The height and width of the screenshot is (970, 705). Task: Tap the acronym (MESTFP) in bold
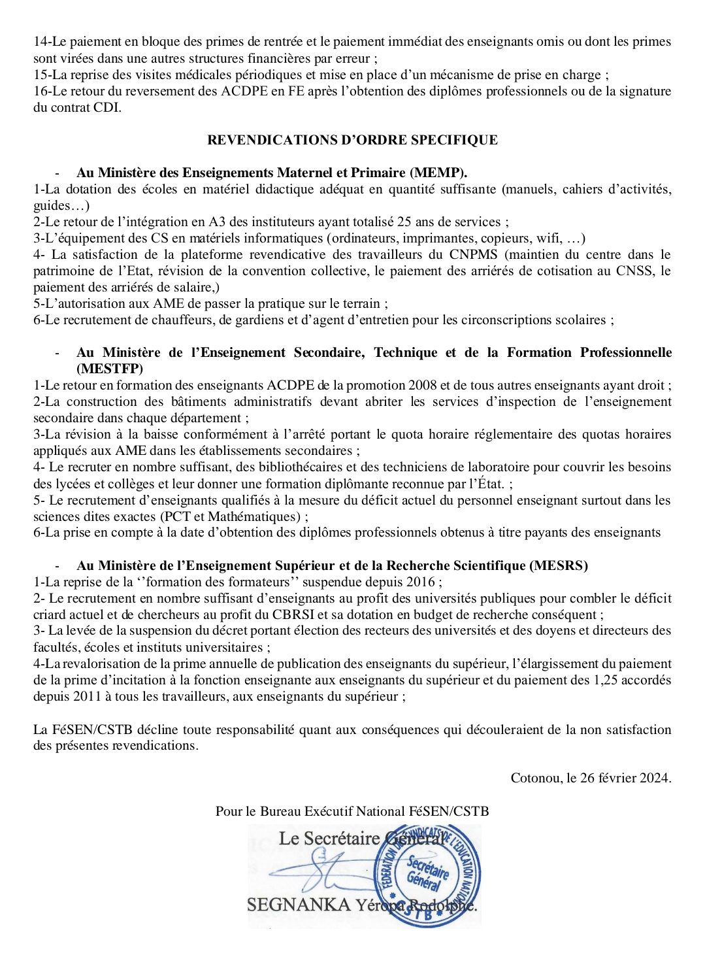tap(109, 369)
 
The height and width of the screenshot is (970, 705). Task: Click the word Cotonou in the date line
tap(535, 778)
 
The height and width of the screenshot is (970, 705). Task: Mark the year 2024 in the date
tap(655, 778)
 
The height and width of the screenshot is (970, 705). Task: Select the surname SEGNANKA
tap(299, 905)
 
